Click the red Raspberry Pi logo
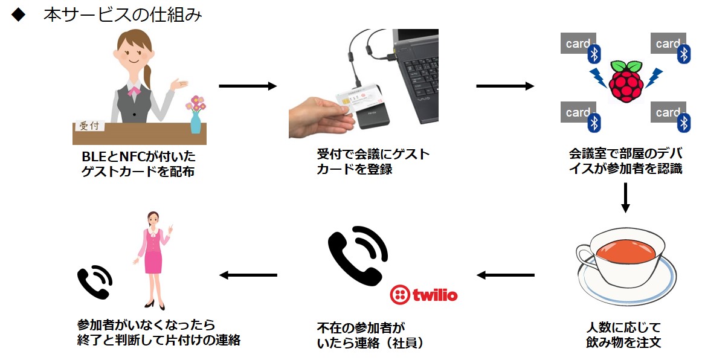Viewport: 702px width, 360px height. coord(624,80)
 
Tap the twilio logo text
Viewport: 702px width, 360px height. coord(434,295)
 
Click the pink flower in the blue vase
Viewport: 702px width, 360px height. coord(196,104)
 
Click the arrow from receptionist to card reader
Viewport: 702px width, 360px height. coord(247,86)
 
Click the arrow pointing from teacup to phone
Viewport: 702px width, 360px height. coord(505,275)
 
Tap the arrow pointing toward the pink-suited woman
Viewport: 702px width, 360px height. coord(248,275)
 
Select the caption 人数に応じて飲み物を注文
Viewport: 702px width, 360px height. coord(623,335)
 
